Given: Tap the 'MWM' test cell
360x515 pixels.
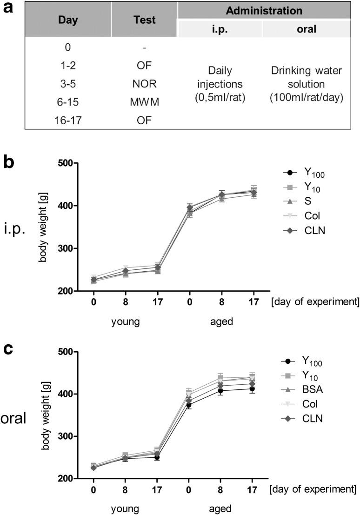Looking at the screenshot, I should (144, 102).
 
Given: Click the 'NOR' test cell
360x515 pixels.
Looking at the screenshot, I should (144, 84).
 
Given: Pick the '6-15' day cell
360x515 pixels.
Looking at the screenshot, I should (68, 102).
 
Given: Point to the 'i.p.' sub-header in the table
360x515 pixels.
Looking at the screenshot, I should (220, 29).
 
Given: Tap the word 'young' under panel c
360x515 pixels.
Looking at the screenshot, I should (126, 507).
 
